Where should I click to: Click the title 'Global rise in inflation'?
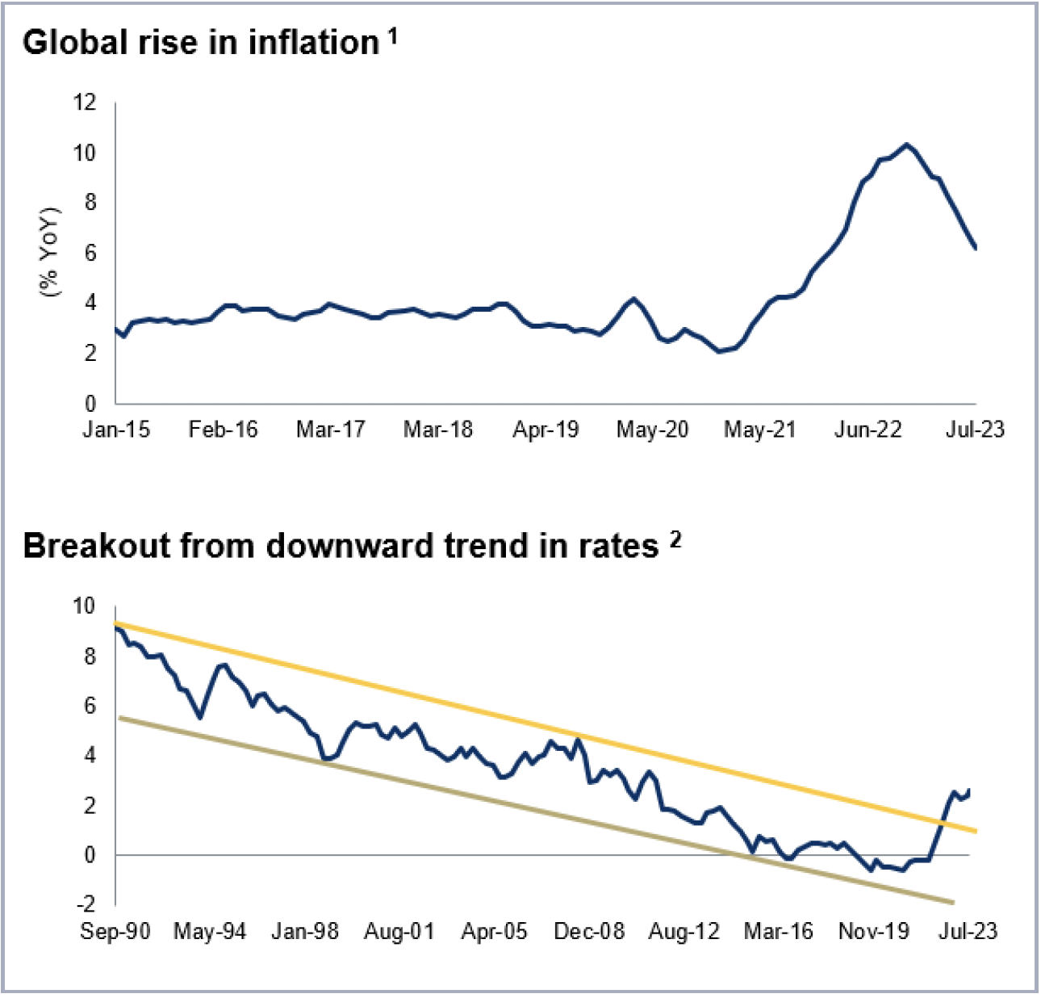(x=200, y=43)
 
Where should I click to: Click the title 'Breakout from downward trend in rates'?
(x=341, y=547)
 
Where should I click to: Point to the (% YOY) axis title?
(x=50, y=252)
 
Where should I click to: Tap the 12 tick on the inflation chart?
(x=84, y=103)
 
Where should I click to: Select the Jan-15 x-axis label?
(x=116, y=430)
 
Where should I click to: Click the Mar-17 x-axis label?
(x=330, y=430)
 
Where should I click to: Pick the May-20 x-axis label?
(x=652, y=430)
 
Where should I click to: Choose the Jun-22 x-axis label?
(x=867, y=430)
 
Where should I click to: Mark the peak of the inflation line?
(x=907, y=145)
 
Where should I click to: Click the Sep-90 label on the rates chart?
(x=115, y=932)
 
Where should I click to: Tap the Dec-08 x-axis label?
(x=589, y=932)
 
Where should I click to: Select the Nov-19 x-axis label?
(x=874, y=932)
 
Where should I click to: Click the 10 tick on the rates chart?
(x=84, y=606)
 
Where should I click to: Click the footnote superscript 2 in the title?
(x=675, y=539)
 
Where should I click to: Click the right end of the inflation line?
(x=976, y=248)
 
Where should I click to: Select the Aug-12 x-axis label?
(x=684, y=932)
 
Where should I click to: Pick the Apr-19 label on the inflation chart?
(x=546, y=430)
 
